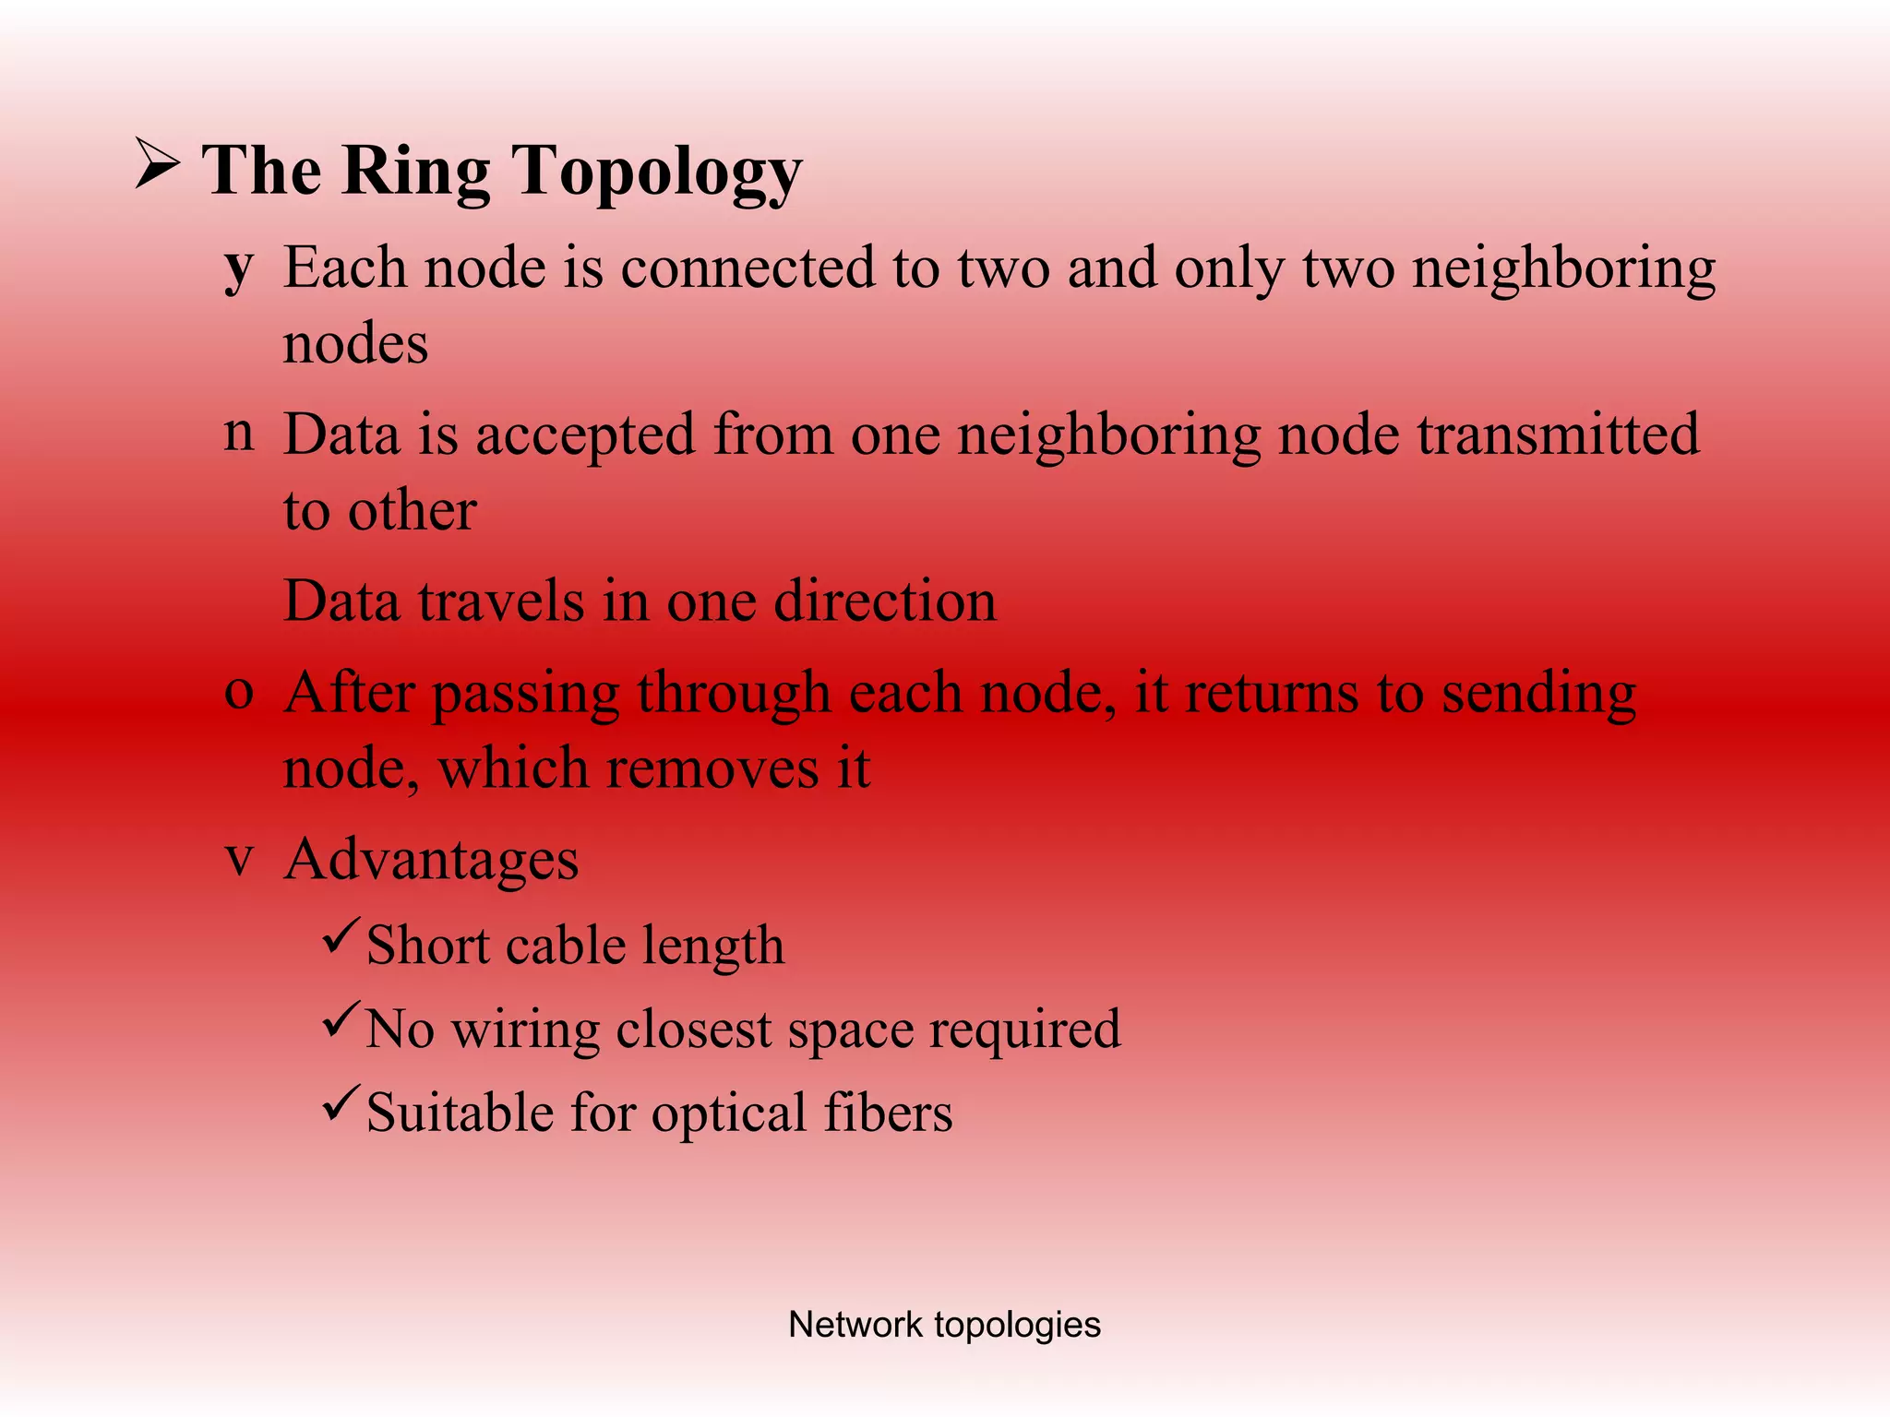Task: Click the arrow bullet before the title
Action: (x=157, y=164)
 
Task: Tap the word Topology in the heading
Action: (x=656, y=173)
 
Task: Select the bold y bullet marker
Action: (x=239, y=268)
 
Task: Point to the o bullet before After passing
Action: (x=239, y=692)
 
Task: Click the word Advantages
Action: (x=431, y=860)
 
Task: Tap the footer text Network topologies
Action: (x=944, y=1325)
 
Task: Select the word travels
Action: (x=502, y=601)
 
